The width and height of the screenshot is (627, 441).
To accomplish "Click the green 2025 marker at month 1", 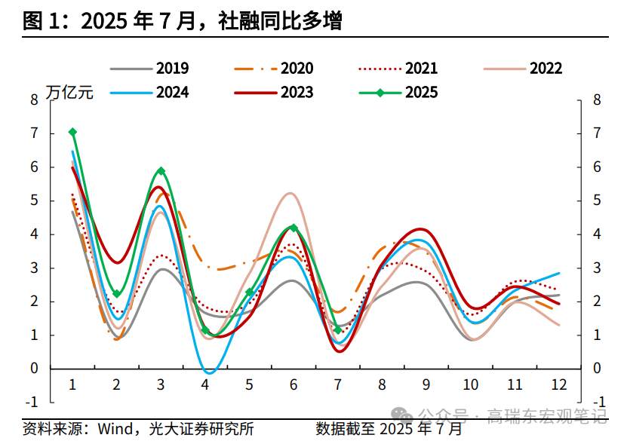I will pos(72,132).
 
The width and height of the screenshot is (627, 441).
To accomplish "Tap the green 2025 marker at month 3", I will pos(161,171).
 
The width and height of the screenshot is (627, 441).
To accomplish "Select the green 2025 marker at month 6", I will pos(294,228).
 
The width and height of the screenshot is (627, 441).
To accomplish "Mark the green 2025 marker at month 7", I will pos(338,329).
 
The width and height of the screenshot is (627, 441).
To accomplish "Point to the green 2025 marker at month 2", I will pos(117,293).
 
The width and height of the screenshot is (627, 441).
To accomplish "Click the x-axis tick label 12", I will pos(559,385).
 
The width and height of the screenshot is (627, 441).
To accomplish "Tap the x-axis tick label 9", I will pos(426,385).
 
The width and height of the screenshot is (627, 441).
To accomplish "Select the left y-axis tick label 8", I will pos(34,100).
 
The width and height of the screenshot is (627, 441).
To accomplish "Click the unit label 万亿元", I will pos(69,93).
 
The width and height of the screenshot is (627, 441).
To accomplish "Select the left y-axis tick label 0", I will pos(34,369).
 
